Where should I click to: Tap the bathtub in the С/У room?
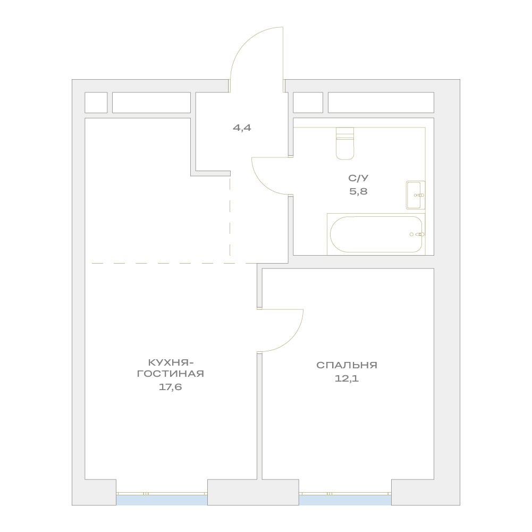(376, 234)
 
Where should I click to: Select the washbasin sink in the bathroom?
(416, 195)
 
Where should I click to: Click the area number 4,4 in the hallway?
(242, 128)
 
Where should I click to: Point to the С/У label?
(358, 178)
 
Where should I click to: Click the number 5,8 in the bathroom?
(359, 191)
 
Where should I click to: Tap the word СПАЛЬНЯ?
(347, 366)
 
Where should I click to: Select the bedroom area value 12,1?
(347, 378)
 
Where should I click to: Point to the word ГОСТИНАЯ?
(170, 374)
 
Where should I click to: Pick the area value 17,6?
(170, 387)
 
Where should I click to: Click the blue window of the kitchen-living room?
(162, 500)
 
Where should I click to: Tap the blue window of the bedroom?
(345, 500)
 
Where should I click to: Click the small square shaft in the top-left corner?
(96, 103)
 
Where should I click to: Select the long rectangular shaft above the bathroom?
(381, 103)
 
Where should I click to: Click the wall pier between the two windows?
(253, 492)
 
